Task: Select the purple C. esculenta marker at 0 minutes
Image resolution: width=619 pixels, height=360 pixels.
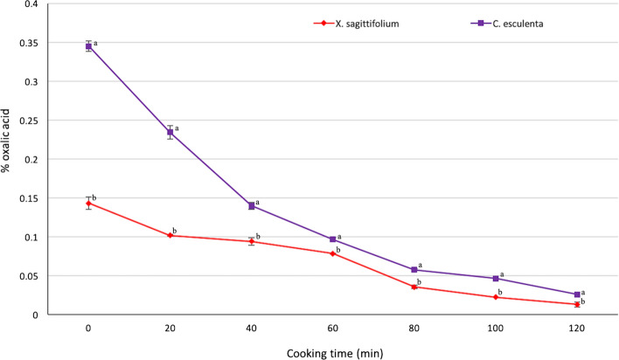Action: (x=88, y=46)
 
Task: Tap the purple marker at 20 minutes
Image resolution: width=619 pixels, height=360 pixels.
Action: (x=170, y=133)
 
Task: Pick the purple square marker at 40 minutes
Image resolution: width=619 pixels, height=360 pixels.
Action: (x=252, y=206)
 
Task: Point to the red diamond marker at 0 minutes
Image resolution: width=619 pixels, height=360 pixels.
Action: (x=88, y=204)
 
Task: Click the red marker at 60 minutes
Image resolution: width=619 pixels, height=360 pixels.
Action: (x=333, y=253)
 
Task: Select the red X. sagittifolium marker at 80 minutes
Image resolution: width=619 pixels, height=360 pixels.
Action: (x=414, y=287)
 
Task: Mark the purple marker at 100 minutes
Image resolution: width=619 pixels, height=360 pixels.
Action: (x=496, y=279)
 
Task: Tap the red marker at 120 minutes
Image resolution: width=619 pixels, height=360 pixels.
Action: (x=577, y=304)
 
